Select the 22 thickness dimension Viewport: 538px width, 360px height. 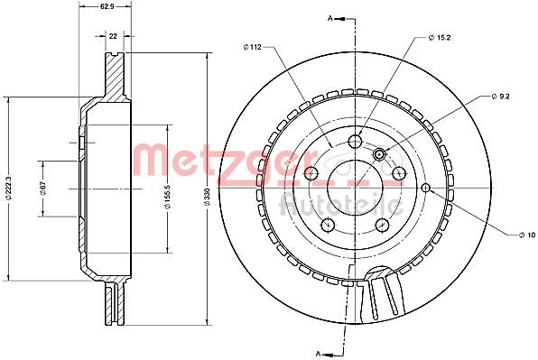113,36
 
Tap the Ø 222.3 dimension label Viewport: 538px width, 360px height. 11,189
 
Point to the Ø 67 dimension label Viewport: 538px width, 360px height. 43,189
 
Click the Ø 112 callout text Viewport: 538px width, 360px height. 252,47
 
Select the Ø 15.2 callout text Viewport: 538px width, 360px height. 440,38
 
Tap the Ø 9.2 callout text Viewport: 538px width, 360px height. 501,97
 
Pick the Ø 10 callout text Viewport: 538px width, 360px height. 527,235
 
